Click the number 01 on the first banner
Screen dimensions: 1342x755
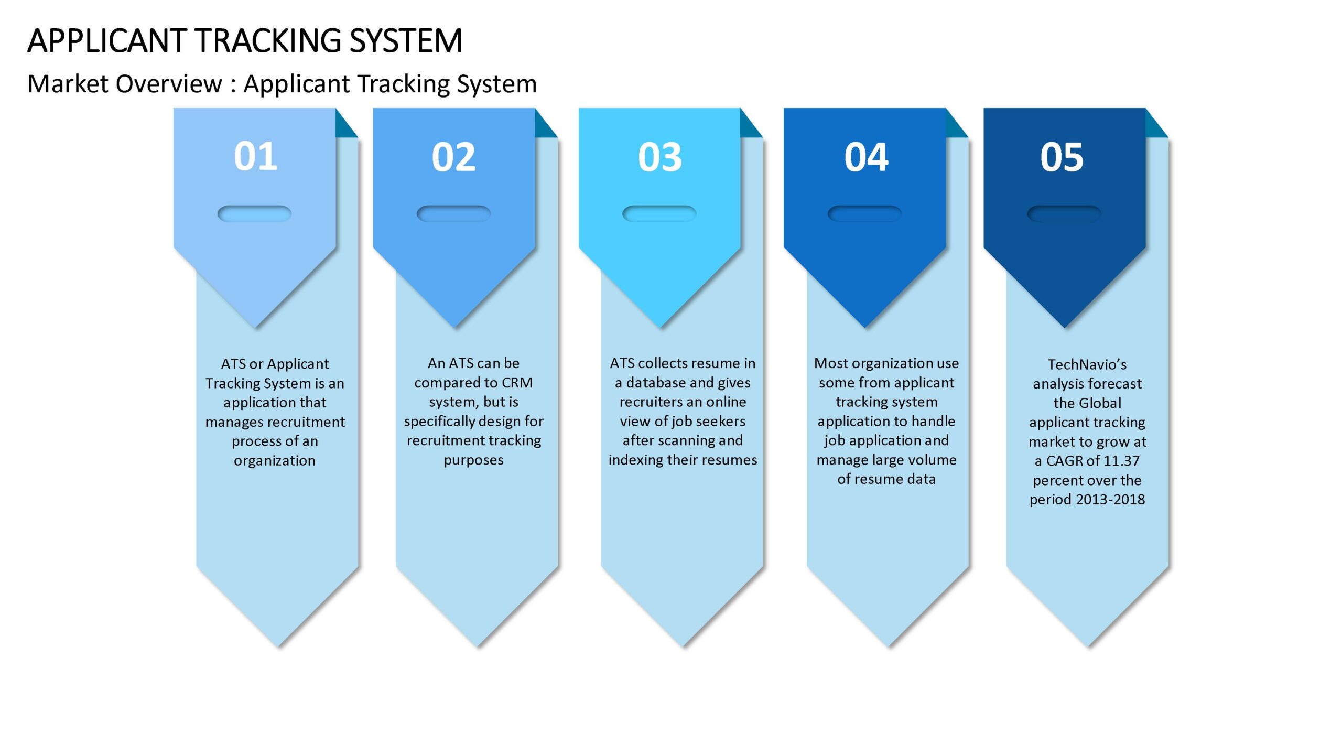(255, 156)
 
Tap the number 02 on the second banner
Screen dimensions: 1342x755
(453, 157)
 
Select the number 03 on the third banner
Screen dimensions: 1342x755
(660, 157)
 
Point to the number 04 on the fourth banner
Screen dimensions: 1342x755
(866, 157)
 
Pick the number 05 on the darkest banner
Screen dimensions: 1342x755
(1062, 157)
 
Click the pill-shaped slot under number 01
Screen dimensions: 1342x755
(254, 213)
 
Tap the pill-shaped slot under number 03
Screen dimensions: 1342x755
(659, 213)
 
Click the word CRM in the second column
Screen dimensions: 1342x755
(517, 383)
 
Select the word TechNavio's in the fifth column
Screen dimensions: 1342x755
(1087, 364)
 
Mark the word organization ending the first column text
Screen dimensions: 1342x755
(275, 461)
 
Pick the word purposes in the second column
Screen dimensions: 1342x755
(473, 460)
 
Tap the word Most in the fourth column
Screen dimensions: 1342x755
(829, 363)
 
